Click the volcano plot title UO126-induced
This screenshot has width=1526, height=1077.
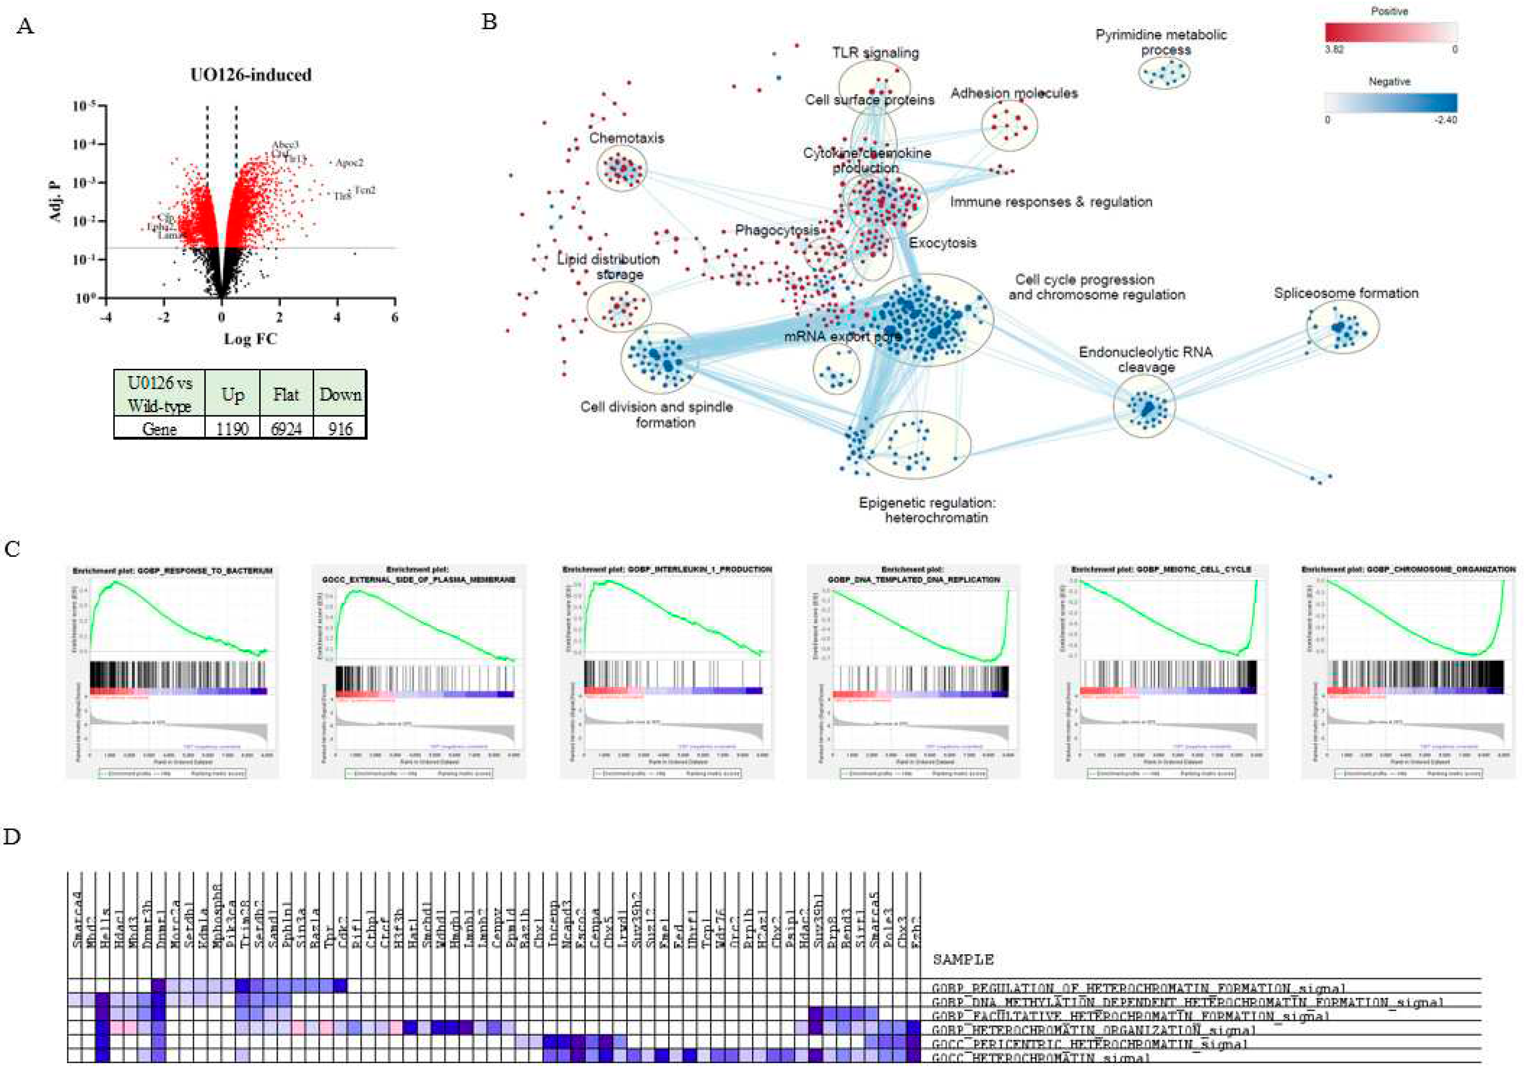click(250, 74)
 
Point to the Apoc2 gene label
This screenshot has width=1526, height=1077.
click(349, 162)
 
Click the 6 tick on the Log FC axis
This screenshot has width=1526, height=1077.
click(395, 318)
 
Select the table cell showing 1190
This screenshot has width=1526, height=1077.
click(232, 428)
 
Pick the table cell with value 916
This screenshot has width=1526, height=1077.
click(340, 428)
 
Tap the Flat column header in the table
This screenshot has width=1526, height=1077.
click(286, 394)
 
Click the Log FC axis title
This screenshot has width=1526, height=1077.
click(250, 339)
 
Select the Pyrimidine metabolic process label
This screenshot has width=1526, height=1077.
click(1161, 42)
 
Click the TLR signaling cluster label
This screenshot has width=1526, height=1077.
click(875, 53)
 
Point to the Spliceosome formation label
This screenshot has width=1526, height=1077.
click(1346, 293)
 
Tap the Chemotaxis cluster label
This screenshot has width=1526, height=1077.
click(626, 138)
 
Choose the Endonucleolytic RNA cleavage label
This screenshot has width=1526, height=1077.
click(1145, 360)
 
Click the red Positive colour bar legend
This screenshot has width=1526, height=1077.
click(1391, 32)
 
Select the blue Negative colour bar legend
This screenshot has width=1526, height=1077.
click(1391, 102)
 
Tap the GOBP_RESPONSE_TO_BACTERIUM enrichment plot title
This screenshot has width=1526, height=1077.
click(172, 570)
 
